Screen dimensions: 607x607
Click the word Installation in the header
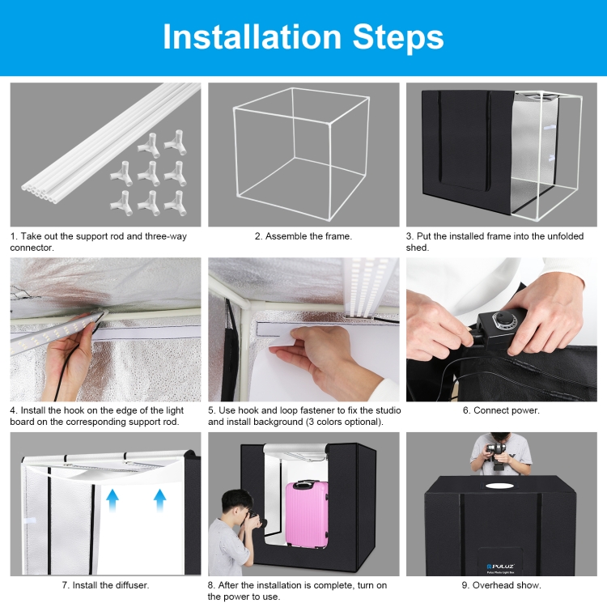click(x=252, y=36)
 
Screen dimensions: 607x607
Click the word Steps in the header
click(x=398, y=38)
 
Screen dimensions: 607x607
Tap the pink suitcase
click(x=307, y=514)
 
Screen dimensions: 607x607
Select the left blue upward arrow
click(x=112, y=500)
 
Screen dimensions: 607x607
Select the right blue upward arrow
click(x=159, y=500)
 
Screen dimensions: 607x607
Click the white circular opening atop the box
click(x=499, y=486)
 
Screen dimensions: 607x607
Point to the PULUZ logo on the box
click(x=500, y=566)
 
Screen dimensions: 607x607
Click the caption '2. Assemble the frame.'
click(x=303, y=236)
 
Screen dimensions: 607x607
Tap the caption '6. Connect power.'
click(x=501, y=410)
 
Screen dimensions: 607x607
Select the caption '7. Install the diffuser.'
click(x=105, y=585)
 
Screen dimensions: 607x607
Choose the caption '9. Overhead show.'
click(x=501, y=585)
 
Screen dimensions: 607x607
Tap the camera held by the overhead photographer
click(x=497, y=451)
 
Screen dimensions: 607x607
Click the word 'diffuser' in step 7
click(x=129, y=585)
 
